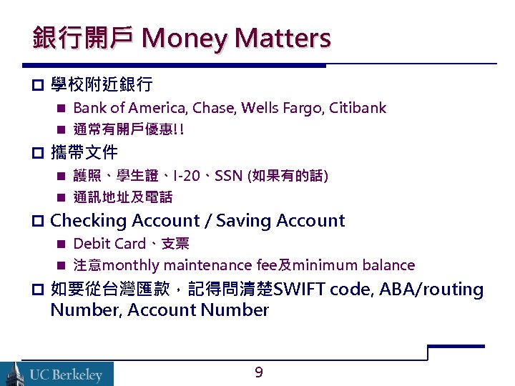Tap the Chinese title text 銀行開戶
tap(82, 38)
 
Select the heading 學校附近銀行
tap(102, 85)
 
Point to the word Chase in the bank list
tap(213, 108)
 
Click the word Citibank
tap(357, 108)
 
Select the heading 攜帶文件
tap(84, 152)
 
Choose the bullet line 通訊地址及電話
tap(123, 197)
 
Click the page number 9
tap(259, 372)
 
